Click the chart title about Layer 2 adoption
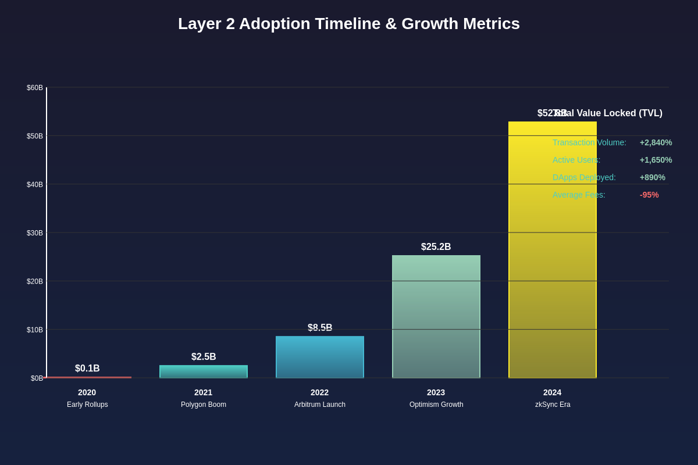(x=349, y=24)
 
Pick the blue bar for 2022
(x=320, y=357)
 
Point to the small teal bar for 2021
(x=204, y=371)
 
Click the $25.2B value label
(x=436, y=247)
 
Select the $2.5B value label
(x=204, y=357)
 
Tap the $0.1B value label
(x=87, y=369)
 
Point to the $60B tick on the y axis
(x=35, y=88)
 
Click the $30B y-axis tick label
(x=35, y=233)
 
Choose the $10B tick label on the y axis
(x=35, y=330)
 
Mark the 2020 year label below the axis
(x=87, y=392)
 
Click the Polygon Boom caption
(x=204, y=405)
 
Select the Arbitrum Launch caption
(x=320, y=405)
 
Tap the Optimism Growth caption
(x=436, y=405)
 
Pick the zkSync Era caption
(x=553, y=405)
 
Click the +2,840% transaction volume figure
(x=656, y=142)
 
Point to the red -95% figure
(x=649, y=195)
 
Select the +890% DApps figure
(x=653, y=177)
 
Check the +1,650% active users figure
(x=656, y=160)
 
